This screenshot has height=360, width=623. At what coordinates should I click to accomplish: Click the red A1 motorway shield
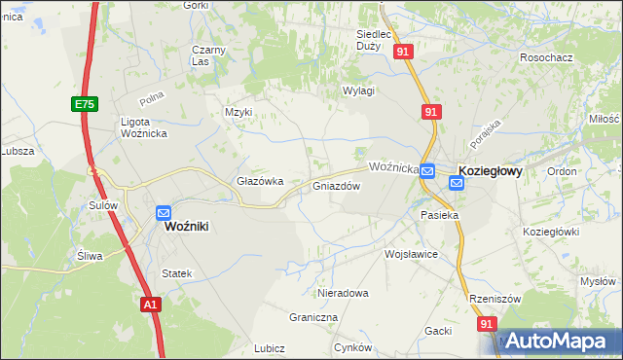(149, 305)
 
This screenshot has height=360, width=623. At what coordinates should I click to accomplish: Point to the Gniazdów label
(337, 186)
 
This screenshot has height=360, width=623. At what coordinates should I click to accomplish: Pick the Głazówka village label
(260, 181)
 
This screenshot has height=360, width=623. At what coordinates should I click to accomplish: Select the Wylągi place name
(358, 90)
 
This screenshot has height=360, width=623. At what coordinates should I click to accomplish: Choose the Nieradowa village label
(343, 293)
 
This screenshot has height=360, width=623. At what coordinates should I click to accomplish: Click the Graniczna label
(313, 317)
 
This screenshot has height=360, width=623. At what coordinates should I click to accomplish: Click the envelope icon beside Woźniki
(164, 212)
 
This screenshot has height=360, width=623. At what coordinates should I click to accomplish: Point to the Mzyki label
(238, 112)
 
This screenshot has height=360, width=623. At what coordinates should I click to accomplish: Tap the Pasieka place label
(439, 214)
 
